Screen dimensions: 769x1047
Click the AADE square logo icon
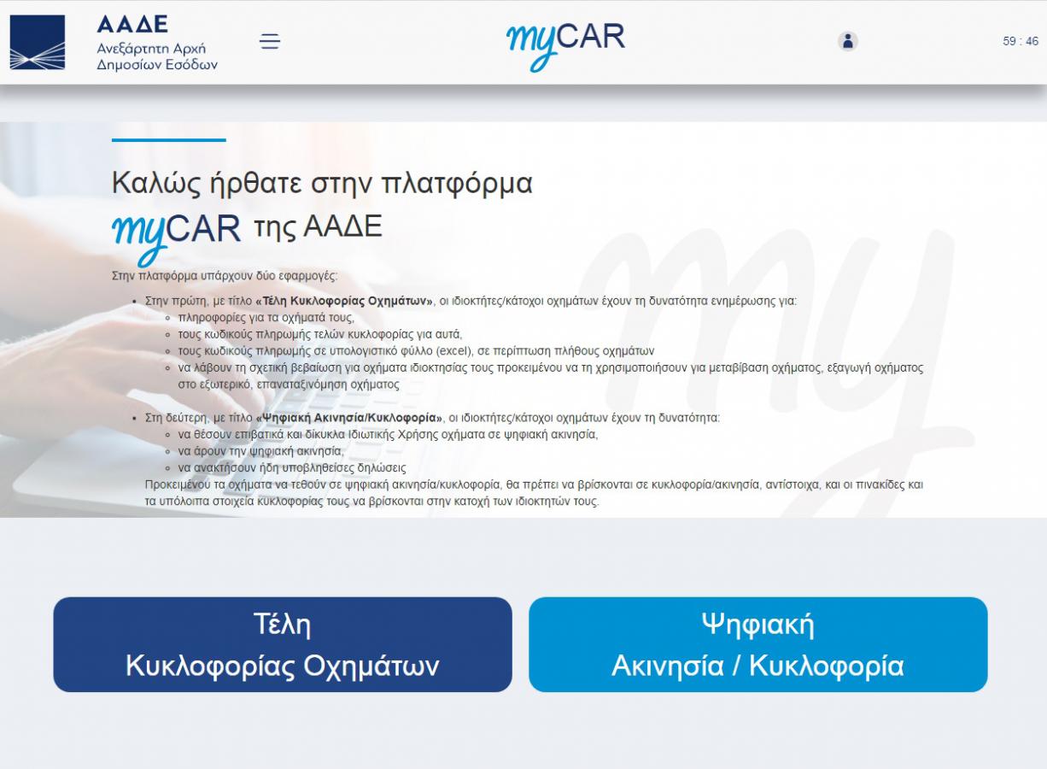(x=38, y=42)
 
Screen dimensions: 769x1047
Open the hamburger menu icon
(x=270, y=41)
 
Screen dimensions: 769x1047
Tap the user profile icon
(x=847, y=41)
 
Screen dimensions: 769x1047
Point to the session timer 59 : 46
(x=1020, y=41)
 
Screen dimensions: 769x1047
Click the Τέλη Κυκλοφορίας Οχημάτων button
(x=283, y=644)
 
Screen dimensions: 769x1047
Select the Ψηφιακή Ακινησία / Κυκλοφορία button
(x=757, y=644)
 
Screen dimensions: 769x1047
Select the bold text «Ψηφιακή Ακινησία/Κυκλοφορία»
(x=349, y=418)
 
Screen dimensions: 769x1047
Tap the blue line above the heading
(x=169, y=140)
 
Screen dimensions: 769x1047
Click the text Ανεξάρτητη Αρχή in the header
(x=151, y=48)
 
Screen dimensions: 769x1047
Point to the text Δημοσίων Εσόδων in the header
(x=157, y=64)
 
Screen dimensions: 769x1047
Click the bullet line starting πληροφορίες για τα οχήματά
(x=266, y=317)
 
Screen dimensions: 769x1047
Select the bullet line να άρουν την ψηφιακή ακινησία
(x=260, y=451)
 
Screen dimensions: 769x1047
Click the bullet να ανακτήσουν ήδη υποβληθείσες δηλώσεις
(x=292, y=468)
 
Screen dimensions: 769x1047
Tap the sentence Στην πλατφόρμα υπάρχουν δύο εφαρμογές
(x=225, y=276)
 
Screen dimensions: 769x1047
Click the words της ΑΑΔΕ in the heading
(x=318, y=226)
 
